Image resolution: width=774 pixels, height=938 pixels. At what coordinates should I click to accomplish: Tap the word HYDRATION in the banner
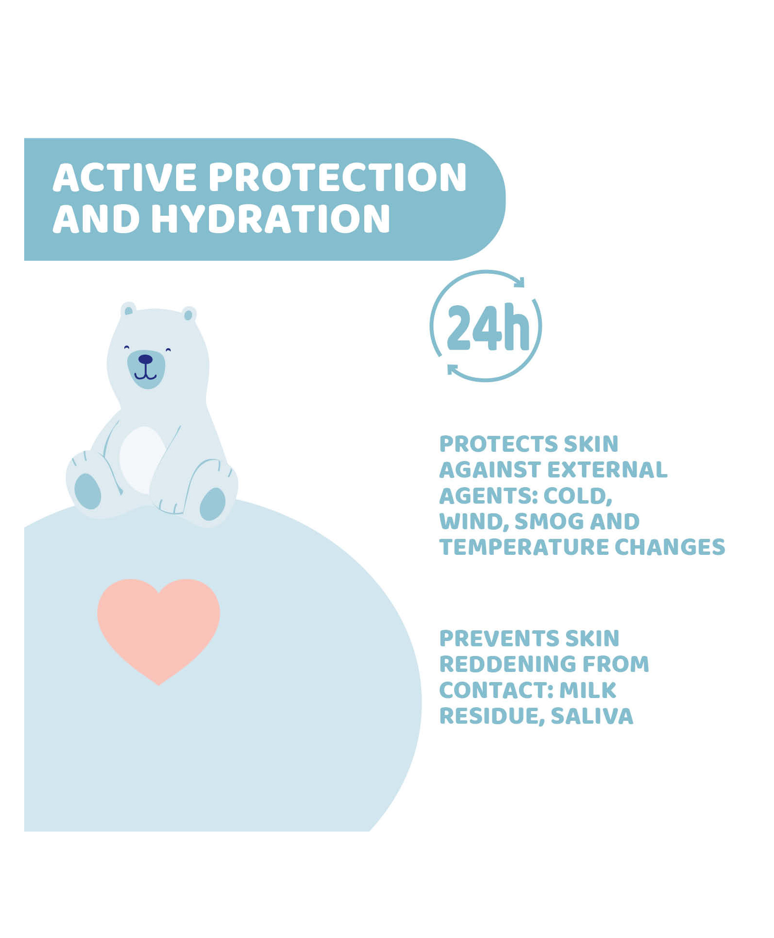click(x=271, y=219)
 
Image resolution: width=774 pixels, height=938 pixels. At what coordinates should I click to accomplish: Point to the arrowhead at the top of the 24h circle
click(x=519, y=282)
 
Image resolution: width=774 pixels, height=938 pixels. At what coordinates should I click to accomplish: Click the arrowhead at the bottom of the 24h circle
click(x=452, y=370)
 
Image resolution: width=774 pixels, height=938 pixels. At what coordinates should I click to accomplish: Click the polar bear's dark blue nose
click(x=145, y=359)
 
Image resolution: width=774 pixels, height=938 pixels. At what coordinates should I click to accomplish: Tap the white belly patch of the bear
click(x=143, y=460)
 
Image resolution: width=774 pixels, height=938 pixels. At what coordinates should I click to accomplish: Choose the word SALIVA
click(x=592, y=716)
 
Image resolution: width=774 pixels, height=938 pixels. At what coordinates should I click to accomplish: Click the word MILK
click(x=588, y=690)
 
